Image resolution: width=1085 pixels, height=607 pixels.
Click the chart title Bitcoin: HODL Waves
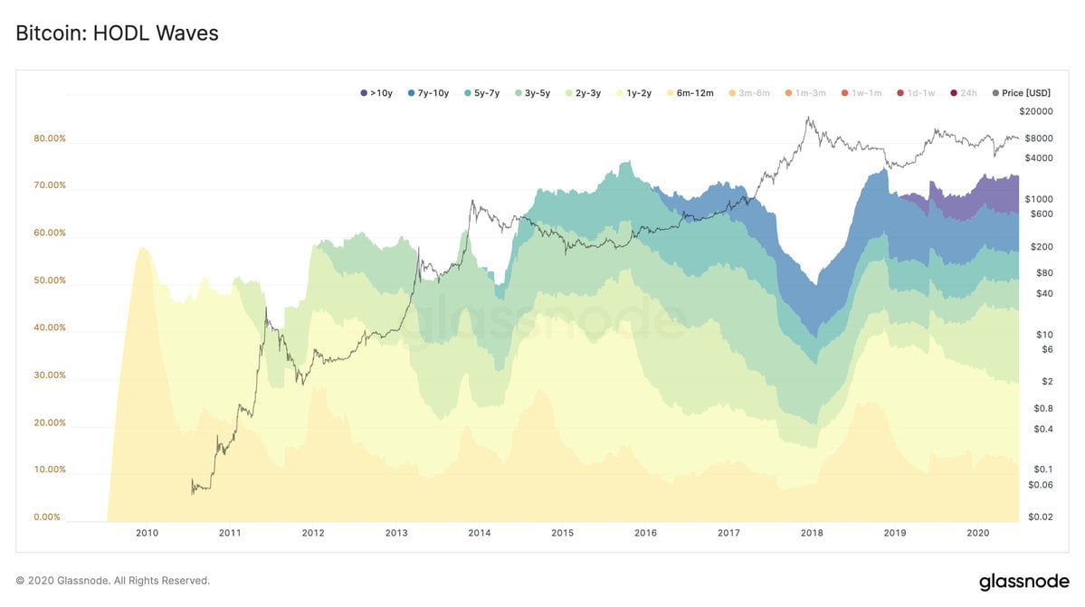[117, 33]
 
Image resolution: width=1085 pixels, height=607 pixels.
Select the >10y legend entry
[376, 93]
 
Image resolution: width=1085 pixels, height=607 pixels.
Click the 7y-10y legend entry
[428, 93]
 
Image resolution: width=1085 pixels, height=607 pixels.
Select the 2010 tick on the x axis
[148, 534]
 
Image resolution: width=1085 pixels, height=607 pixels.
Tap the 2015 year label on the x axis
[562, 534]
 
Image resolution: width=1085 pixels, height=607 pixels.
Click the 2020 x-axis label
[977, 534]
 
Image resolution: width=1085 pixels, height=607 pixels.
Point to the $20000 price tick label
[1035, 111]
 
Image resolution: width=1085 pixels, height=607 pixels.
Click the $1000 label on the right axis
[1038, 199]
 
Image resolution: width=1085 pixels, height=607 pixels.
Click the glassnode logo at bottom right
[1024, 581]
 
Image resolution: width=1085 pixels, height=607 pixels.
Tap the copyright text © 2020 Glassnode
[113, 581]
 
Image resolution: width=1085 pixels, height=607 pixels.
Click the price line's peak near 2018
[808, 118]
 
